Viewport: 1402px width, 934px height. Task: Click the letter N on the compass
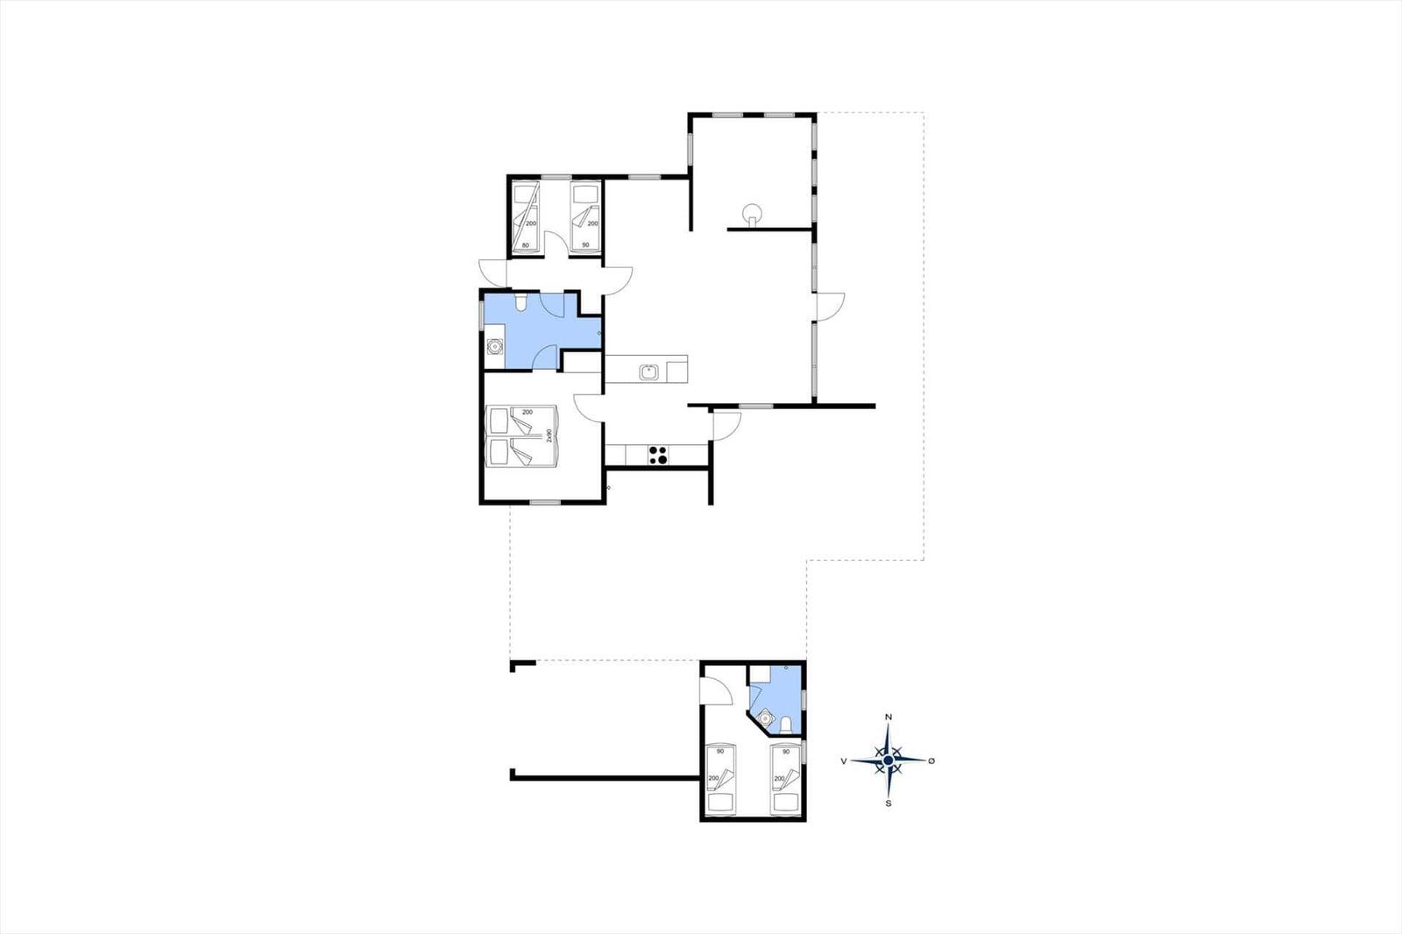pos(889,717)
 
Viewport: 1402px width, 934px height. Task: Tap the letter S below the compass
pos(889,803)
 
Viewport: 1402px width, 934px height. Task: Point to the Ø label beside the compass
pos(931,761)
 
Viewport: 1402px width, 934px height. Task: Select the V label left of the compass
pos(845,761)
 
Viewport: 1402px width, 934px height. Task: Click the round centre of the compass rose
pos(889,760)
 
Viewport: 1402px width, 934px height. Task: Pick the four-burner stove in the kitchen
pos(657,455)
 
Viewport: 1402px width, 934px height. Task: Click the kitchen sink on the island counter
pos(648,372)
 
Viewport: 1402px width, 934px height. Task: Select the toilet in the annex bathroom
pos(786,725)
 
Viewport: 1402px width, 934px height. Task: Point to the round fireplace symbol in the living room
pos(752,214)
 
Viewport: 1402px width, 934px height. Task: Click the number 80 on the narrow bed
pos(525,244)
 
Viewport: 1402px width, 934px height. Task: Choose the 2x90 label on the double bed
pos(549,435)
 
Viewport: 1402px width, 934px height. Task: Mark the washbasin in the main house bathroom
pos(495,346)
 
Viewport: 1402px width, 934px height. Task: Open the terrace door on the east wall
pos(832,307)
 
